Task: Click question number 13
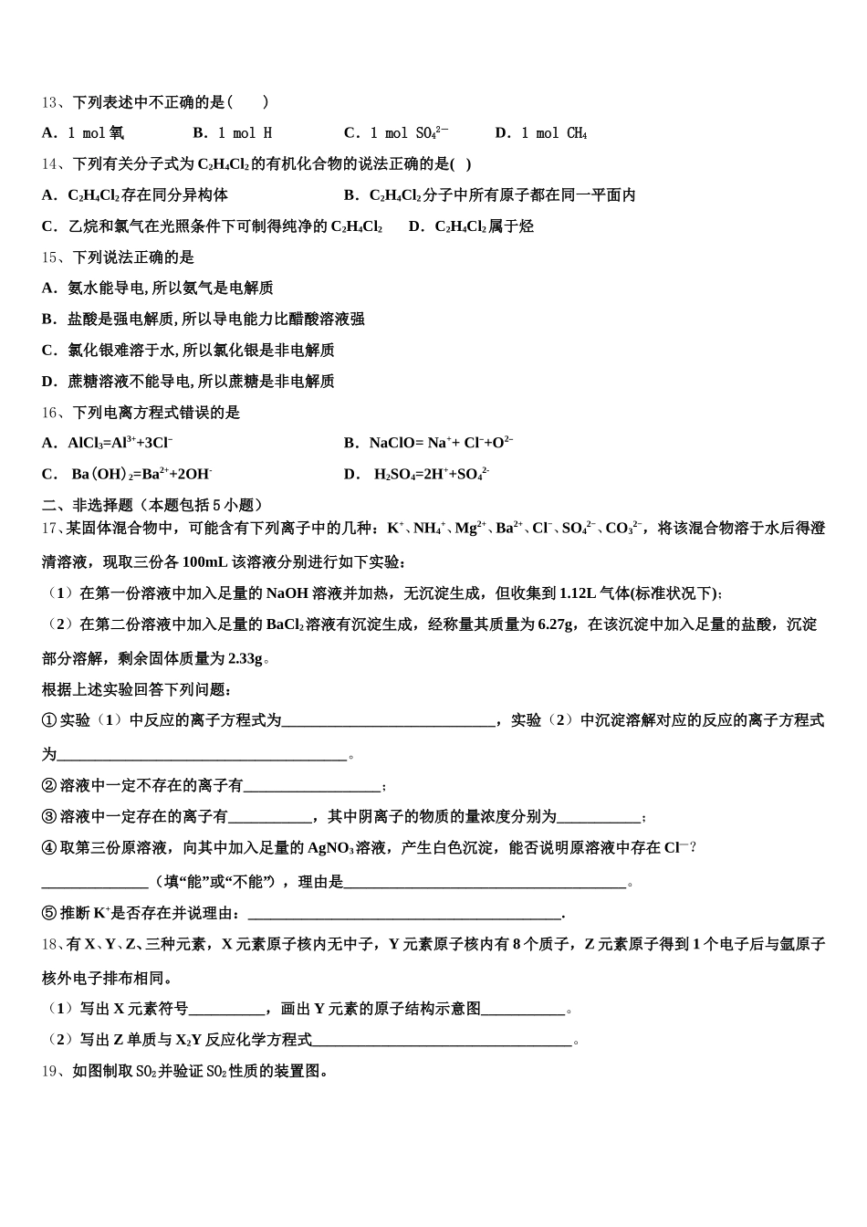pos(51,102)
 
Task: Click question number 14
pos(51,164)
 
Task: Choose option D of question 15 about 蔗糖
pos(188,382)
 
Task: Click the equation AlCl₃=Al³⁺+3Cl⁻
pos(120,444)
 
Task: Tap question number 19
pos(51,1072)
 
